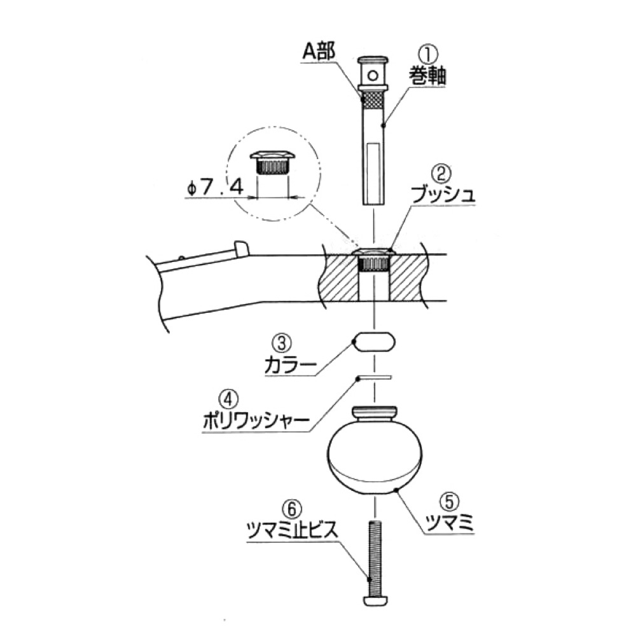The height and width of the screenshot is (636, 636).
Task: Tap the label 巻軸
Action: pos(427,76)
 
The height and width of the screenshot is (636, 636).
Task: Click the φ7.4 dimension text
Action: pos(215,188)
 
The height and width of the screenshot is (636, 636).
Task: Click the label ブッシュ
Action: pos(443,195)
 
